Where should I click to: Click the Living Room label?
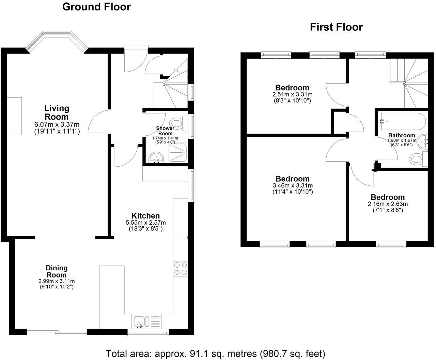(57, 112)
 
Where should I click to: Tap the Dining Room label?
(57, 271)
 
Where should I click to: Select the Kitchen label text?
(145, 216)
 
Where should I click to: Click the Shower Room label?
(165, 131)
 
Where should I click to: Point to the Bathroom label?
(402, 135)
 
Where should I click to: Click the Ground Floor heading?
(96, 7)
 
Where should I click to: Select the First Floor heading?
(336, 27)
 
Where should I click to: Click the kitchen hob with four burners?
(181, 268)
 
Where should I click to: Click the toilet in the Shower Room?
(176, 123)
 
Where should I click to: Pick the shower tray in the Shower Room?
(177, 152)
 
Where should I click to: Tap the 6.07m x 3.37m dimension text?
(57, 124)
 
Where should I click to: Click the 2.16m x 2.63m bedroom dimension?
(388, 204)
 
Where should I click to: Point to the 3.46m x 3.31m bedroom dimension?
(293, 186)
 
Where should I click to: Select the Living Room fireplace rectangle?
(14, 116)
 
